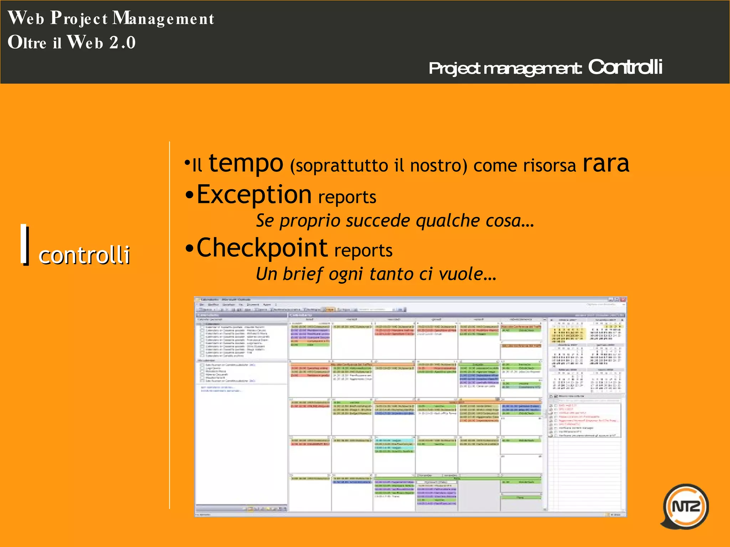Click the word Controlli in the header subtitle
pyautogui.click(x=625, y=67)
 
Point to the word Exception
pyautogui.click(x=254, y=195)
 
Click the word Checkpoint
pyautogui.click(x=262, y=248)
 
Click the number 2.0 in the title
pyautogui.click(x=122, y=43)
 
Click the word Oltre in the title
pyautogui.click(x=27, y=43)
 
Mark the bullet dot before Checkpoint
pyautogui.click(x=190, y=248)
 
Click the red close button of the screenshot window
pyautogui.click(x=623, y=299)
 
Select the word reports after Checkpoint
pyautogui.click(x=363, y=250)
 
